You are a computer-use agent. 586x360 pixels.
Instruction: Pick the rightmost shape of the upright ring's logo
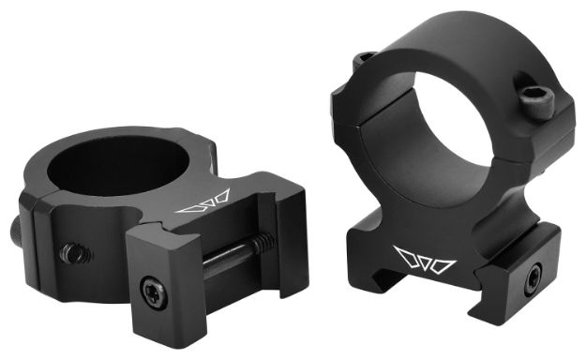(442, 260)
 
